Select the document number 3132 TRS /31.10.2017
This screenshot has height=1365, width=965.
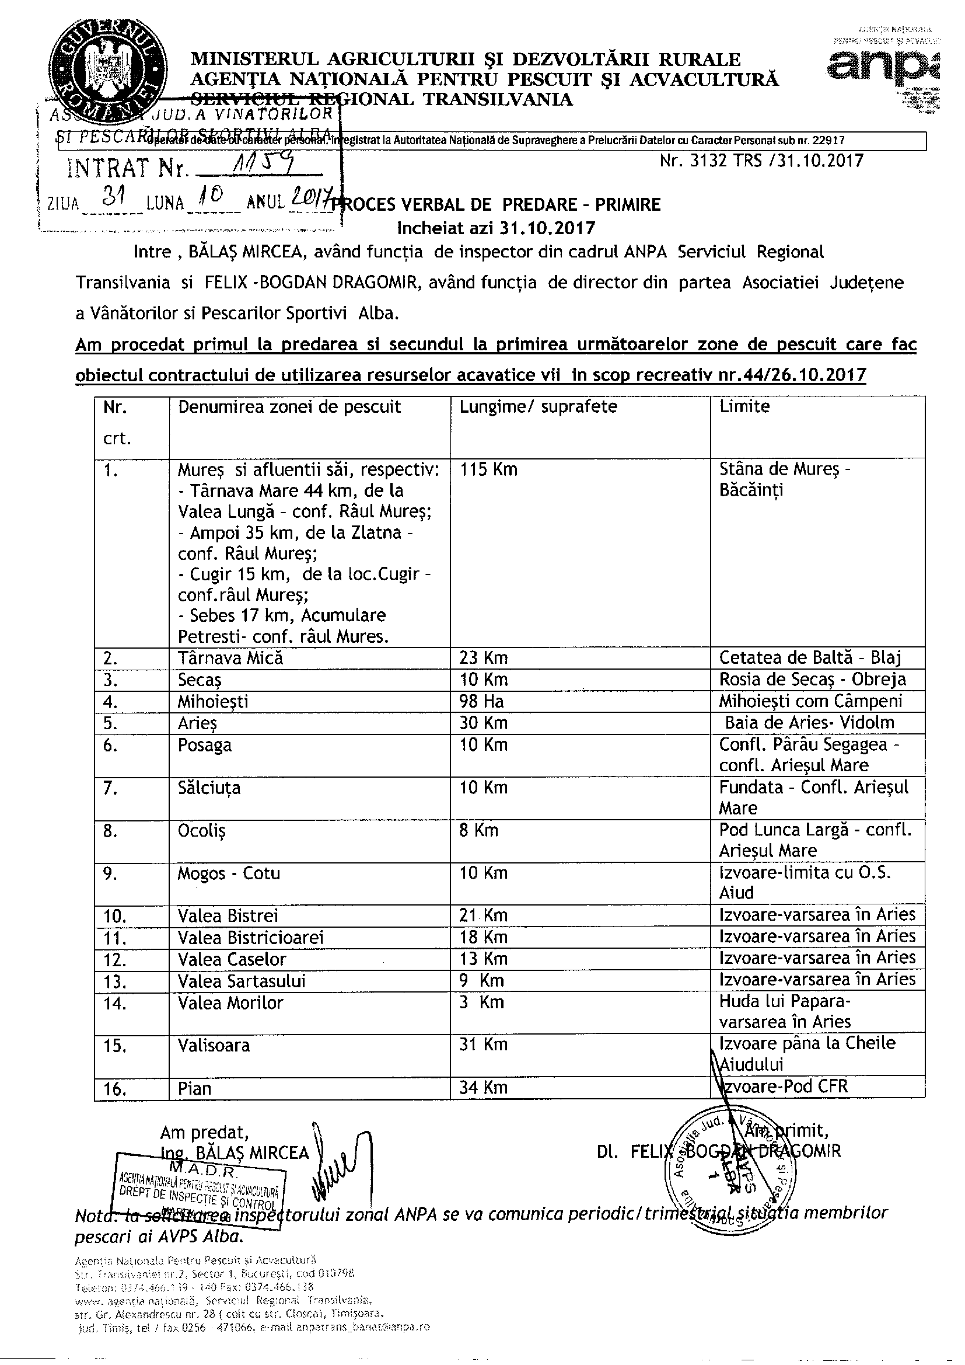(x=761, y=161)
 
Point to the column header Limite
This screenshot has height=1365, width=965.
(x=744, y=407)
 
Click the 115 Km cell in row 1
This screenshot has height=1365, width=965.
(x=488, y=469)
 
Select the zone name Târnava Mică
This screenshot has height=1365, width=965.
(x=230, y=657)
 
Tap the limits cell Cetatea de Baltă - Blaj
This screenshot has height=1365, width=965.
(x=810, y=657)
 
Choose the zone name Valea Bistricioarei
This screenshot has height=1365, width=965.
(x=251, y=938)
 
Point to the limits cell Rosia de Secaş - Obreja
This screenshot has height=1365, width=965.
(x=812, y=680)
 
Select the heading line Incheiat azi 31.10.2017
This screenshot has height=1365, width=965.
(x=496, y=228)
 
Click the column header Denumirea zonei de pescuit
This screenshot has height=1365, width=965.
(x=289, y=407)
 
